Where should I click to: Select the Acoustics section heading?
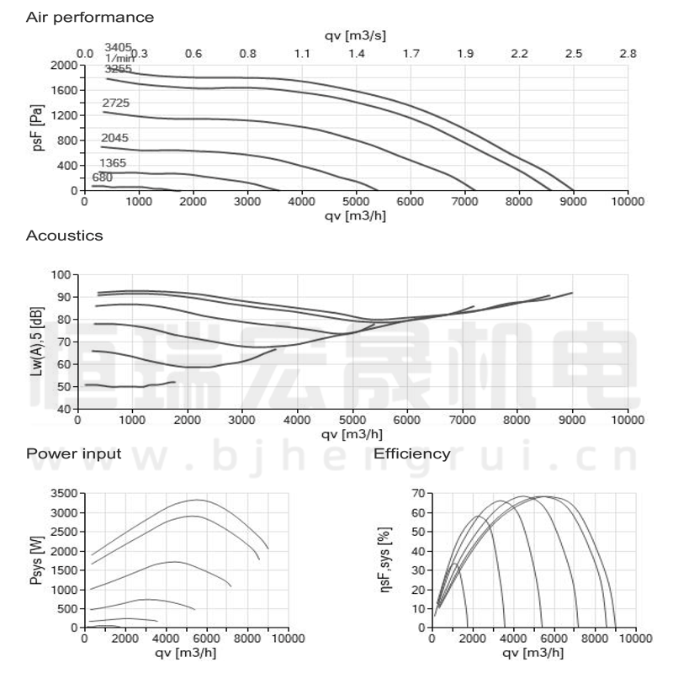[x=65, y=236]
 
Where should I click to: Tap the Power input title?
[x=74, y=454]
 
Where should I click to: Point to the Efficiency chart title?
[x=412, y=454]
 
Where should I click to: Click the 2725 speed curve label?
[x=115, y=103]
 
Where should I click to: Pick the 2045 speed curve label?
[x=114, y=137]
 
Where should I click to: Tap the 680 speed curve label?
[x=102, y=178]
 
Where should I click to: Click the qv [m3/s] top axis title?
[x=355, y=34]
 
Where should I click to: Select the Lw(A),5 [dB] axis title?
[x=36, y=342]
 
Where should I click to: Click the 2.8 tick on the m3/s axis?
[x=628, y=54]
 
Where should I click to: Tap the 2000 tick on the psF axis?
[x=62, y=65]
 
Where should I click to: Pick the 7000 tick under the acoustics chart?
[x=462, y=420]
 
